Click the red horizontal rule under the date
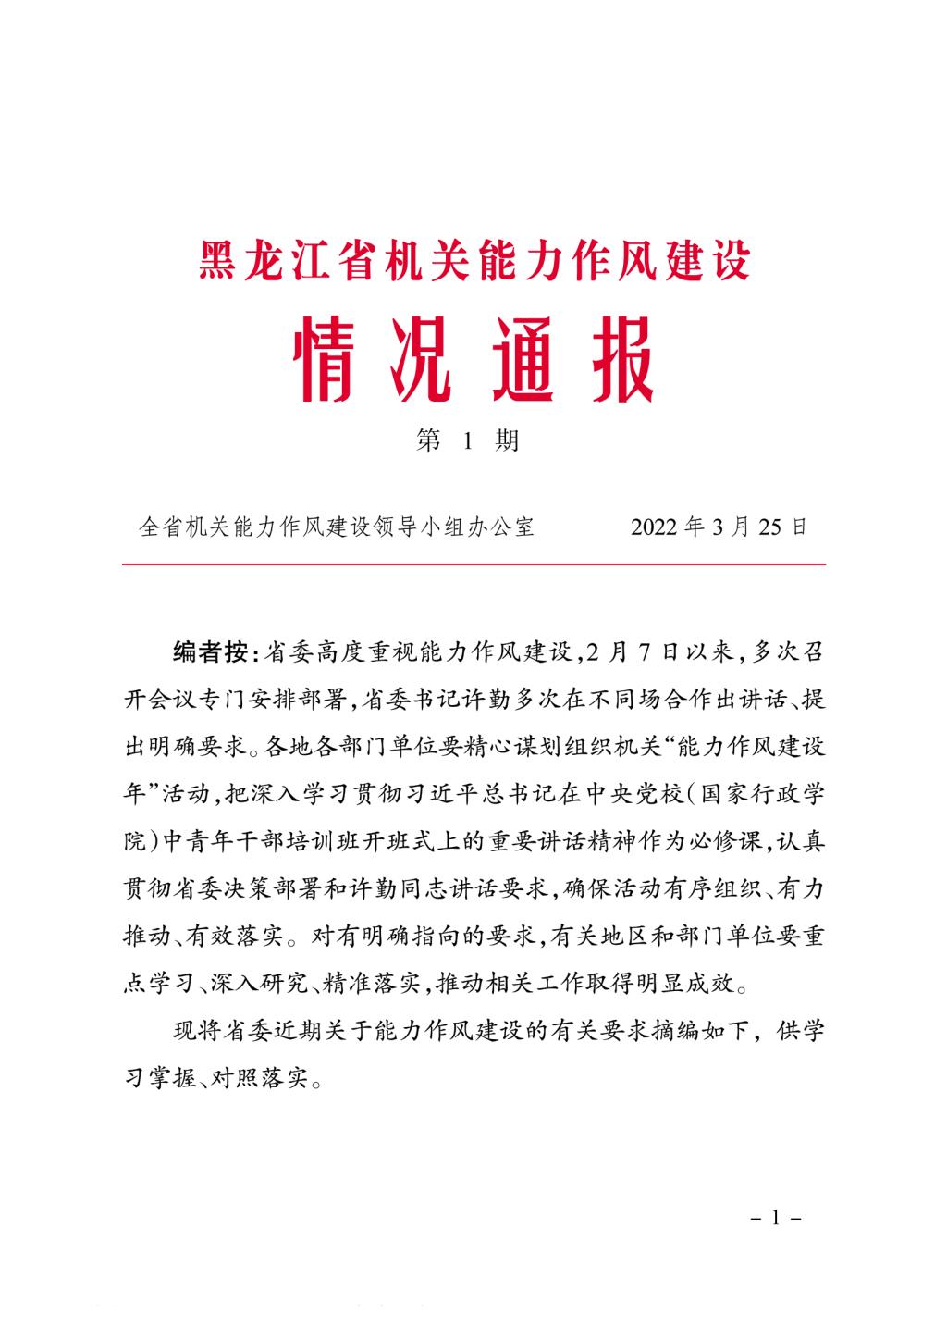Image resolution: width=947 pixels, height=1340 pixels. [x=473, y=564]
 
